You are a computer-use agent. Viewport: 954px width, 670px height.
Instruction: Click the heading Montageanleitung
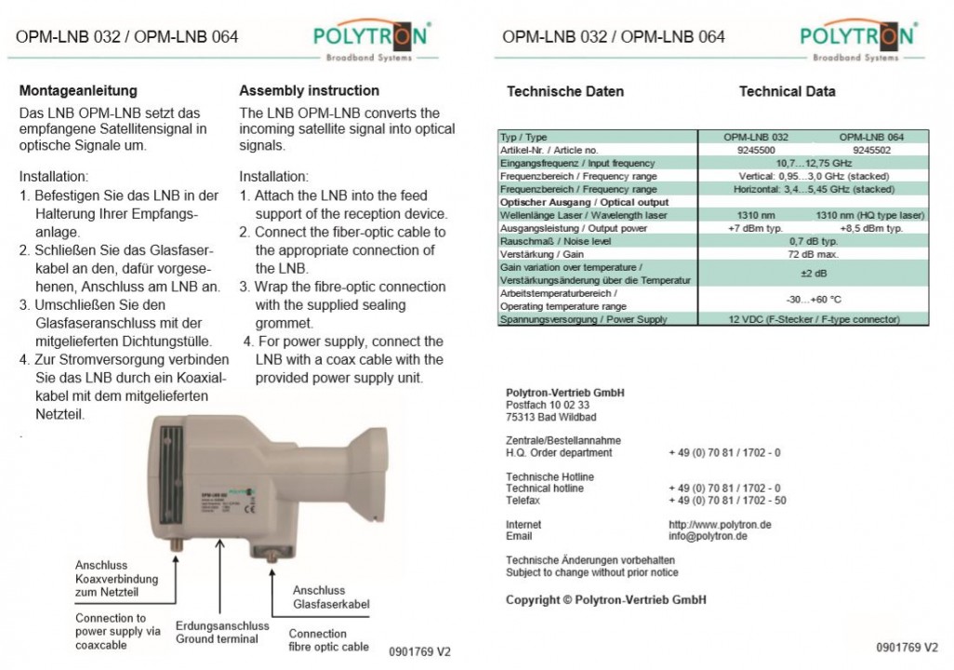[78, 91]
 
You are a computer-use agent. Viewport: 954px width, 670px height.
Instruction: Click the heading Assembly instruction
[309, 91]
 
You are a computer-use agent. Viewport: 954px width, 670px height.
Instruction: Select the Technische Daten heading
[565, 92]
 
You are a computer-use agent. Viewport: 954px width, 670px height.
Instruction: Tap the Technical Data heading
[787, 92]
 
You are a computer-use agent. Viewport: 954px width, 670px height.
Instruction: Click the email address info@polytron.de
[709, 536]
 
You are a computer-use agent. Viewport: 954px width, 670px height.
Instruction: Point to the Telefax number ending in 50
[727, 500]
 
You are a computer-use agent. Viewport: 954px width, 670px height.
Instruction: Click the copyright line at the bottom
[606, 600]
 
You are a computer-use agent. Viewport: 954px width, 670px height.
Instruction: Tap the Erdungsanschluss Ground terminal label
[222, 633]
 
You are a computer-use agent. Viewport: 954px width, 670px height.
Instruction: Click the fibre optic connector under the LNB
[272, 556]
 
